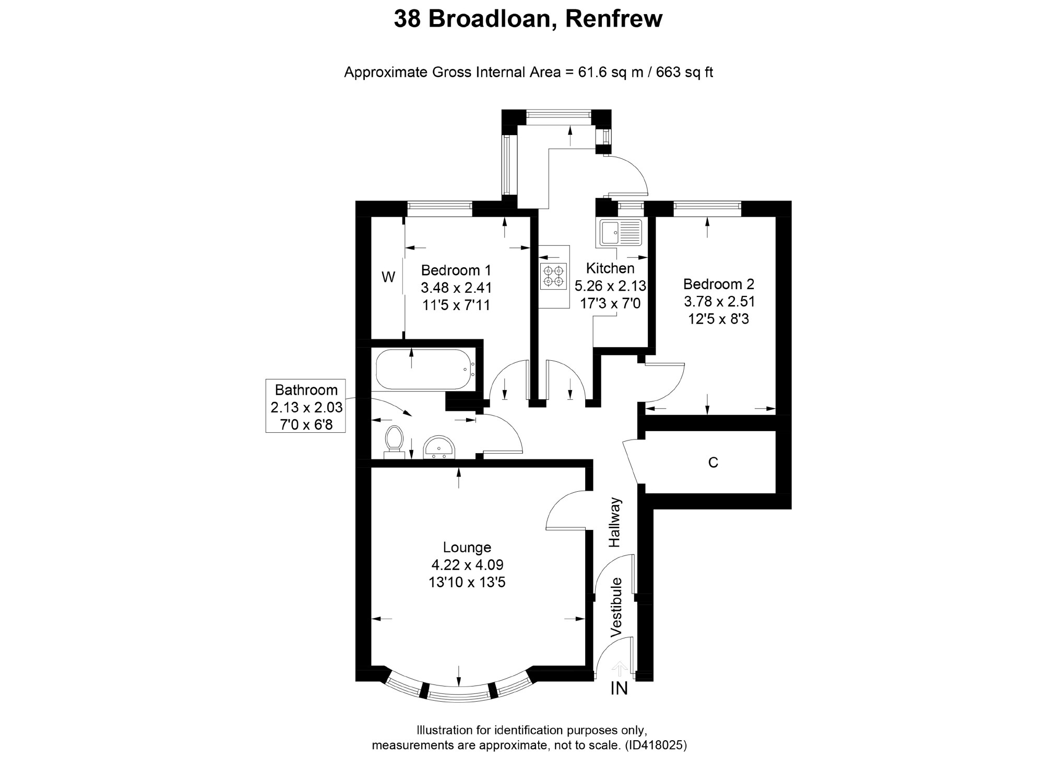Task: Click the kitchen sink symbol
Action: click(621, 232)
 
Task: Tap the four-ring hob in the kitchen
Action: click(553, 276)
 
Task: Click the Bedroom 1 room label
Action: click(456, 270)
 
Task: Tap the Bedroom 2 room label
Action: click(718, 284)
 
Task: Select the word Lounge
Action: click(467, 547)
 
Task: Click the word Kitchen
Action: click(610, 268)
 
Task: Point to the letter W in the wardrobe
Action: click(388, 277)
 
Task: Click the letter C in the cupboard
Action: click(712, 463)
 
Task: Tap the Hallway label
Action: click(615, 522)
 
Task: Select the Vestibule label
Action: click(616, 607)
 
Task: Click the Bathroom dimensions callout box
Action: click(306, 406)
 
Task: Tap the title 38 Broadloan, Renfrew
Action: click(528, 19)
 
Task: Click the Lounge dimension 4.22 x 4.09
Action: click(467, 564)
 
